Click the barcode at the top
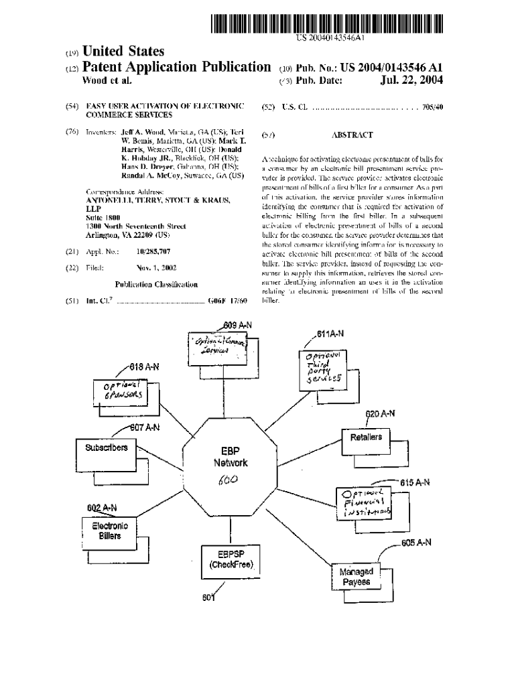tap(327, 23)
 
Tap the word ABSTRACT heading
tap(352, 135)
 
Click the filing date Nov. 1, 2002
tap(156, 267)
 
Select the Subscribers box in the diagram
tap(106, 448)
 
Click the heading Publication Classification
tap(156, 284)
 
